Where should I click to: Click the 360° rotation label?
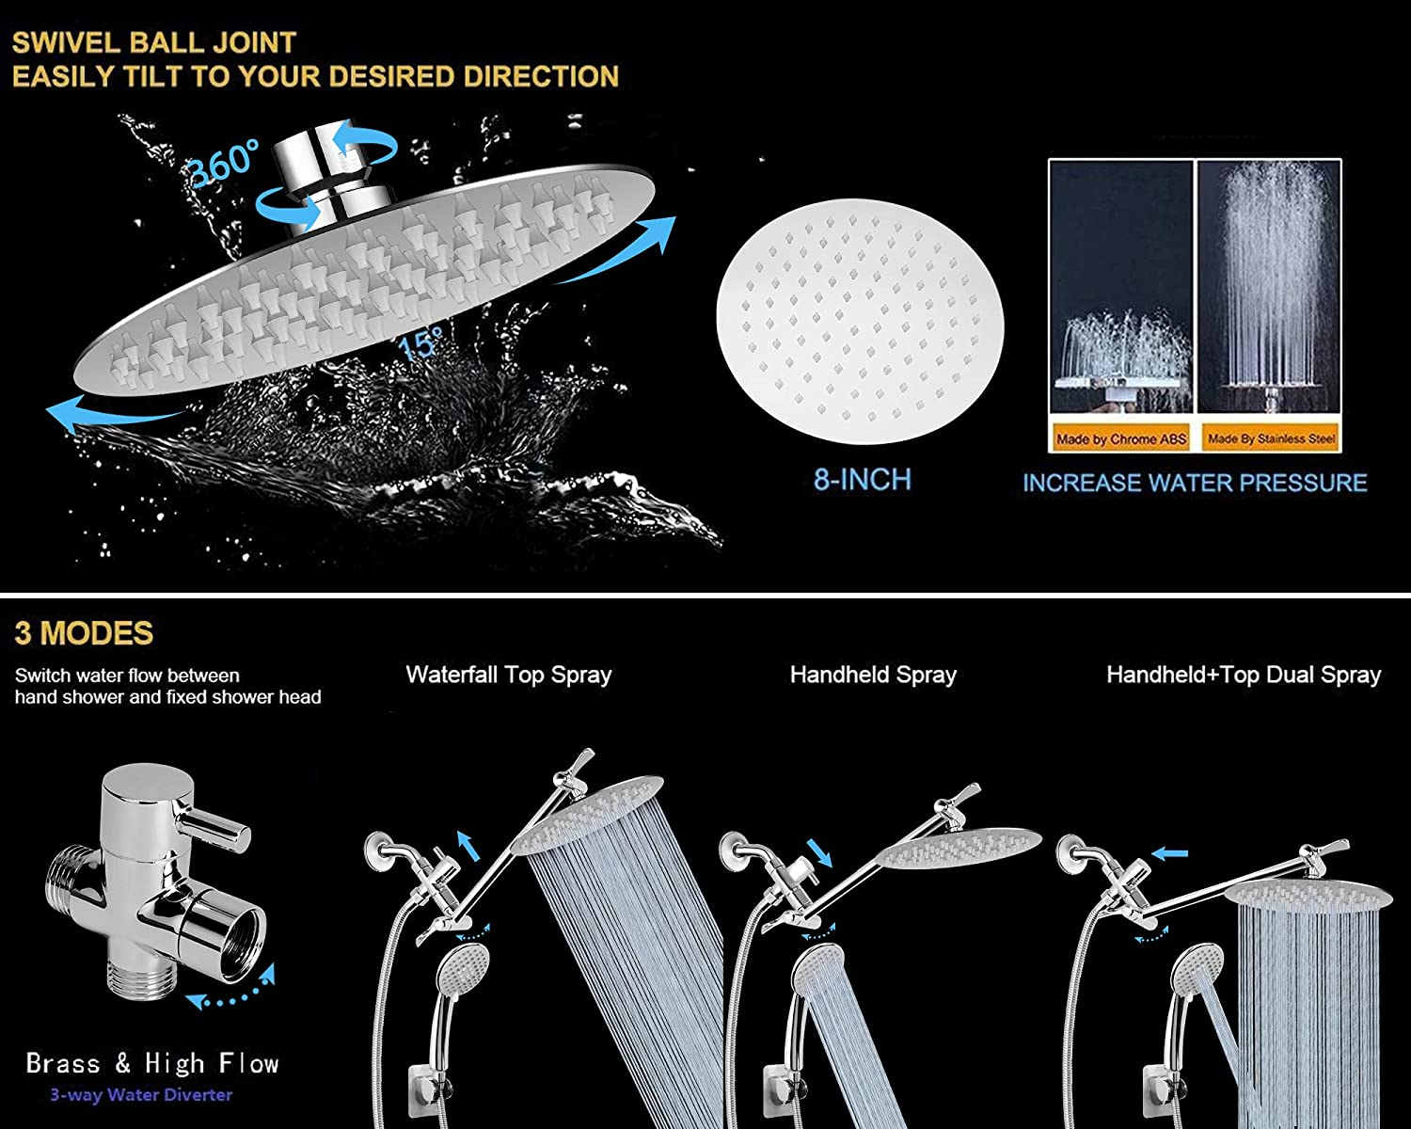(222, 164)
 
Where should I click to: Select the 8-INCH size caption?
(863, 480)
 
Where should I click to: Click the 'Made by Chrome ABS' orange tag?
(1120, 438)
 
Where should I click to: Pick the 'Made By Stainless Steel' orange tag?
(1271, 438)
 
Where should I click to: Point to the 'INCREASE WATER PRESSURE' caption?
(1195, 483)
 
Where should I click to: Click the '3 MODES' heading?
(84, 633)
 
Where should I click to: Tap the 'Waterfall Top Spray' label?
(508, 675)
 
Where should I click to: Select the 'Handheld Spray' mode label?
(873, 675)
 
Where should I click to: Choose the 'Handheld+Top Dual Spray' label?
(1244, 675)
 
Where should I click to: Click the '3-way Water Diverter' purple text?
(141, 1094)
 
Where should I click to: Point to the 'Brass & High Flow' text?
(152, 1063)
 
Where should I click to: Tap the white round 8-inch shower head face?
(860, 321)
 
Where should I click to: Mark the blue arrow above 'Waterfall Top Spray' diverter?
(468, 845)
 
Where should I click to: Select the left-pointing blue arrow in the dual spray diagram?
(1169, 853)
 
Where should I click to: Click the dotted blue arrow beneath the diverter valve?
(230, 989)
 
